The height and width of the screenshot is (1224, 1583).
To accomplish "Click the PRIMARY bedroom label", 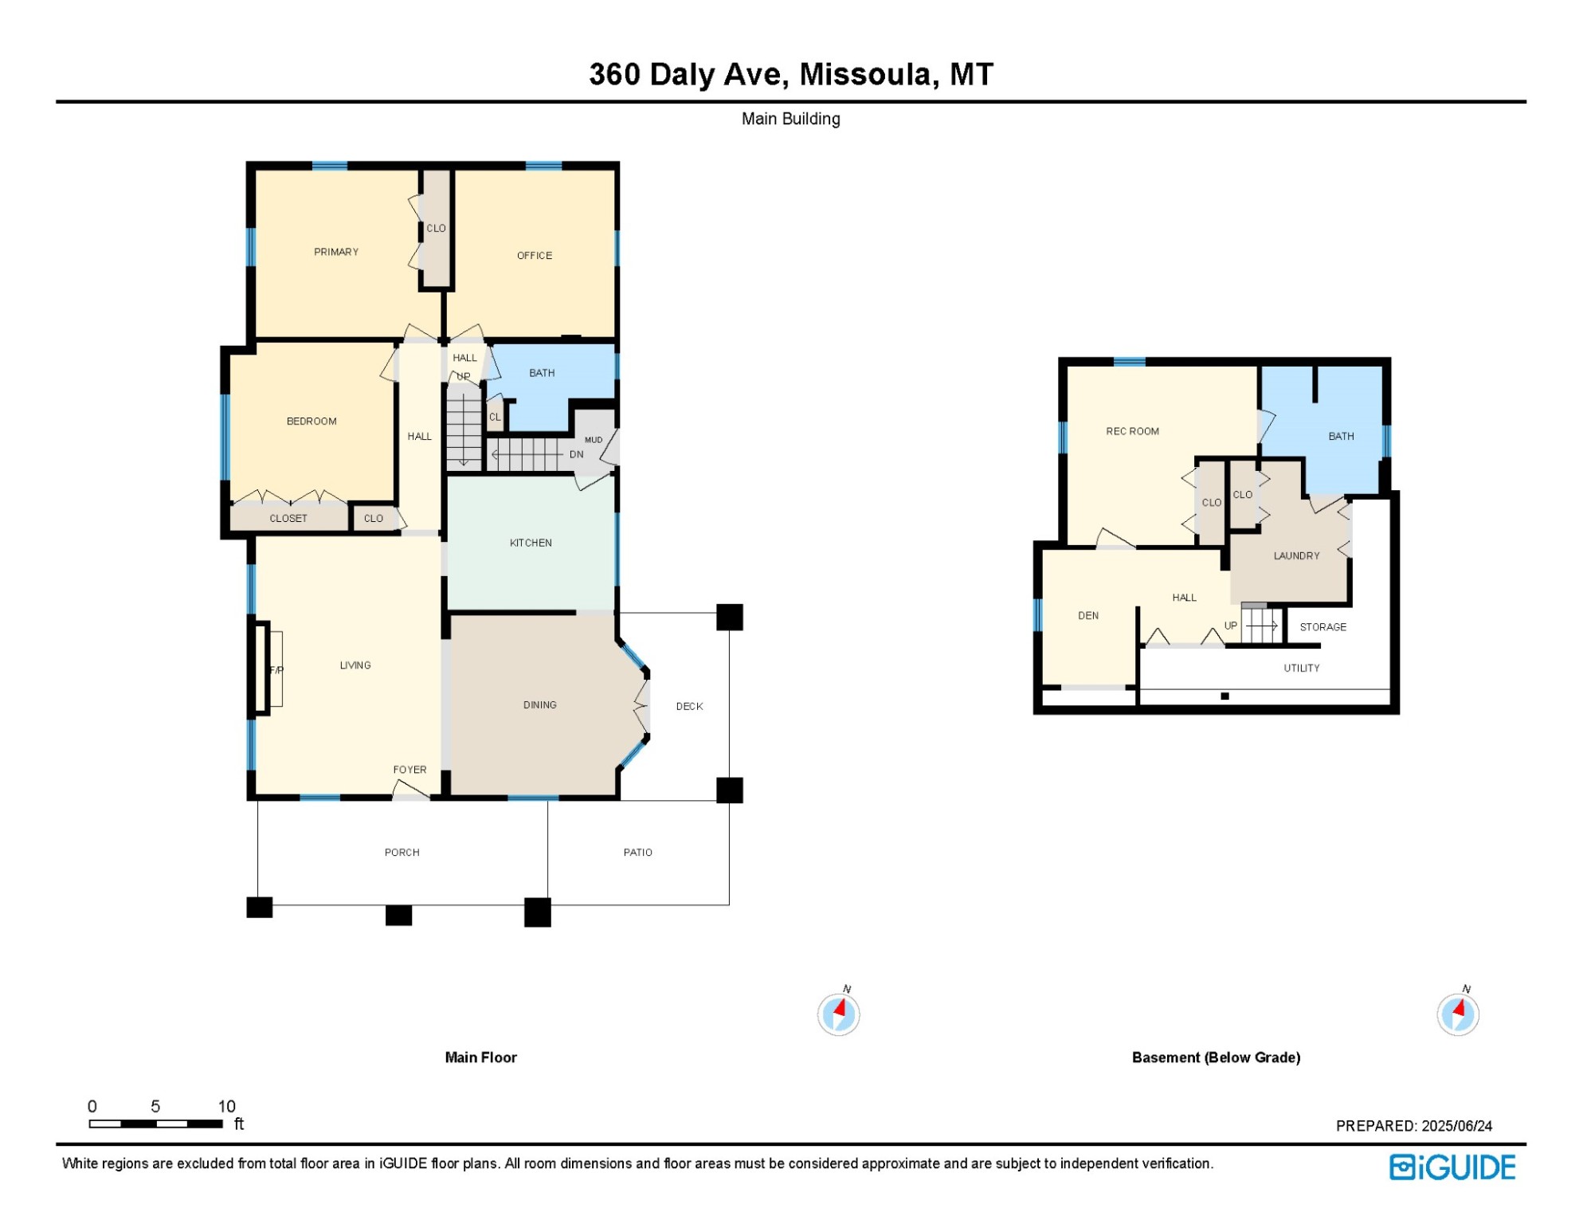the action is click(336, 252).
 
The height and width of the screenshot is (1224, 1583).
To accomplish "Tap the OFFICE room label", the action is click(535, 256).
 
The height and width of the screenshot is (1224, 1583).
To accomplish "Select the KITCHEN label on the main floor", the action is click(531, 543).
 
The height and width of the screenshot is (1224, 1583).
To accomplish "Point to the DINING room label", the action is click(540, 705).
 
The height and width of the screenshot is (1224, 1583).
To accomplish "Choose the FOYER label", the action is click(410, 770).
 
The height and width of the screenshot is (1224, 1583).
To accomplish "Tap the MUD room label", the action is click(594, 440).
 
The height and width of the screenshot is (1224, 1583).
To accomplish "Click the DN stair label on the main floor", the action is click(577, 455).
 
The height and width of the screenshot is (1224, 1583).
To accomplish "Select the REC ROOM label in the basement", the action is click(1133, 432).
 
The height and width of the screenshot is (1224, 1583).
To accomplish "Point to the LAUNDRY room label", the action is click(1297, 556).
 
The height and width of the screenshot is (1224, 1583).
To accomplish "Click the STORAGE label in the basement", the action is click(1323, 627).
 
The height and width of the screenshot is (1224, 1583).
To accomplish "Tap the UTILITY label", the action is click(1302, 669).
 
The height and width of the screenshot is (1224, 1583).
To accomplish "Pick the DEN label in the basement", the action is click(1088, 616).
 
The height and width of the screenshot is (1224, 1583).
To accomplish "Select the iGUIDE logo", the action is click(1453, 1167).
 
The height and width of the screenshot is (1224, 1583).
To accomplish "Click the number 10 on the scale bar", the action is click(227, 1107).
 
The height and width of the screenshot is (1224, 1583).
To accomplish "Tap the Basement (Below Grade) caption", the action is click(1217, 1057).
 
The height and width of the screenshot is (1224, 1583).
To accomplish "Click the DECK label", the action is click(690, 707).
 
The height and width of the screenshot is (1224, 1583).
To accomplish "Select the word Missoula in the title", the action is click(865, 75).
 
